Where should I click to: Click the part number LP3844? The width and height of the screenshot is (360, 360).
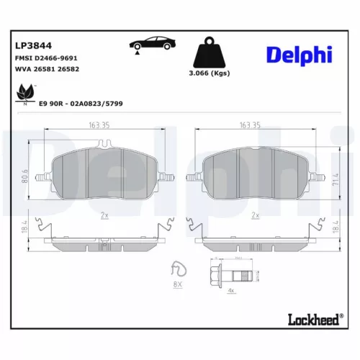click(30, 44)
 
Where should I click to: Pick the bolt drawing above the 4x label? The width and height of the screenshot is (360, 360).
click(231, 274)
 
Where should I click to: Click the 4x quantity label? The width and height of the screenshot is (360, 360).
click(231, 290)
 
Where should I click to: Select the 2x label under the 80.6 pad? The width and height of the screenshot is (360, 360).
click(104, 215)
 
